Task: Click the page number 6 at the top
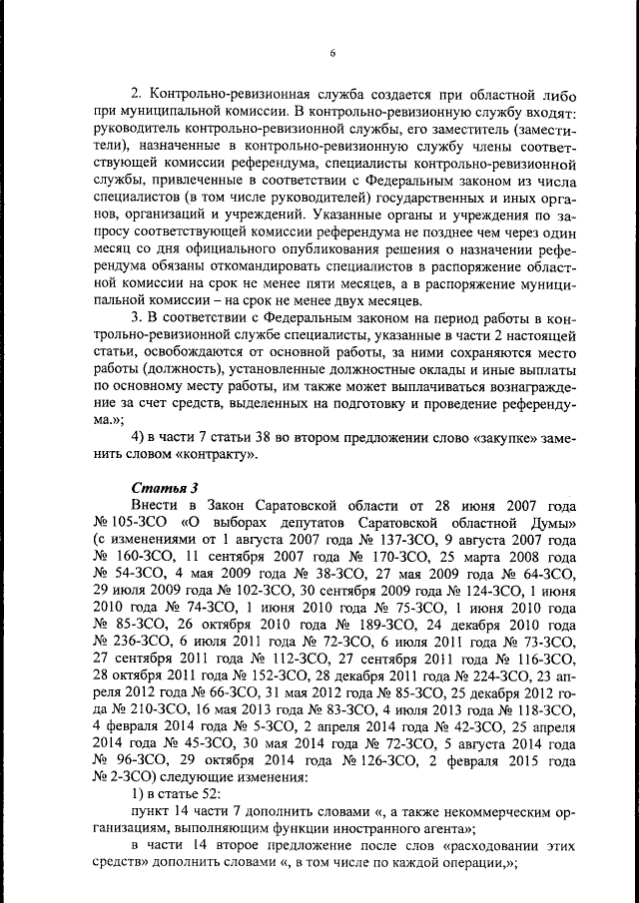(x=332, y=53)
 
